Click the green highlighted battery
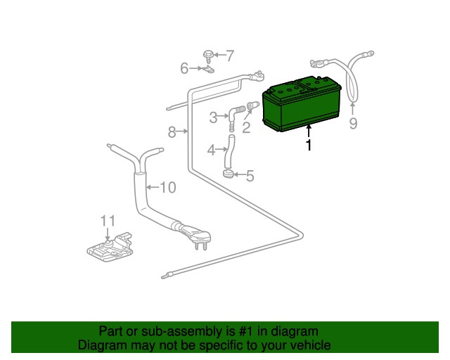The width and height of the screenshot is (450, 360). (302, 104)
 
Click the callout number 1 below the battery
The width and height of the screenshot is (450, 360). (309, 146)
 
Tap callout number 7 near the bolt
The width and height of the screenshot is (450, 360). (230, 56)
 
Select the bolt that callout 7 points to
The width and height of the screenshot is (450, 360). (207, 56)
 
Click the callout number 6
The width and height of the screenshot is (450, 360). (184, 68)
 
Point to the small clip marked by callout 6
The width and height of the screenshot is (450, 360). (208, 69)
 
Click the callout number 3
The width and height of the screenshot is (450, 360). (213, 117)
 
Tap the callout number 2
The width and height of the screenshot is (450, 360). (246, 128)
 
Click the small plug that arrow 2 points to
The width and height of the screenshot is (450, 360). (253, 105)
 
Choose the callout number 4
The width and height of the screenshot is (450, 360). (211, 150)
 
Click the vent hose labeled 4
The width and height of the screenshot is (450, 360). (229, 152)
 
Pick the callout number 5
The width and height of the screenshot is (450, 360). (250, 176)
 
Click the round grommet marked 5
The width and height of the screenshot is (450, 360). (228, 174)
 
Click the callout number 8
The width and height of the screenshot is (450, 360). (172, 132)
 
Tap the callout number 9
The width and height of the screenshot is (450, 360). (353, 124)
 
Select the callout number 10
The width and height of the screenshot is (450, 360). (167, 188)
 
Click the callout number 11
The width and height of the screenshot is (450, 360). (108, 221)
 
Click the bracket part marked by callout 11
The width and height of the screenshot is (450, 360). (110, 247)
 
